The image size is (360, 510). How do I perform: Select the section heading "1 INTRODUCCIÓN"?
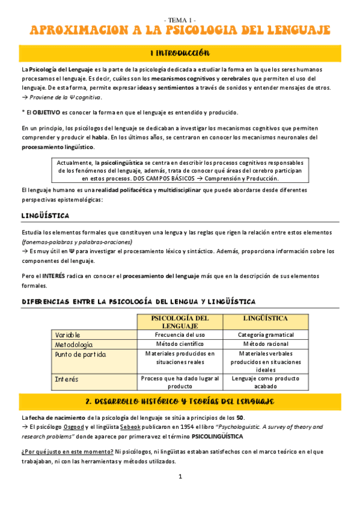pos(180,53)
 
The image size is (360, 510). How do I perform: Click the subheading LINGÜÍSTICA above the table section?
pos(45,215)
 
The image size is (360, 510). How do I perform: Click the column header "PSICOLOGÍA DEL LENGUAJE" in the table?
pos(180,322)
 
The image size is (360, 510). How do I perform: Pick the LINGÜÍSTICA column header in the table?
pos(266,318)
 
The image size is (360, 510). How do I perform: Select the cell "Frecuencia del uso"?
pos(180,334)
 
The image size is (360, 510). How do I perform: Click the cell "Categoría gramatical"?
pos(266,334)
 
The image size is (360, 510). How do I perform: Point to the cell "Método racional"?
pos(266,345)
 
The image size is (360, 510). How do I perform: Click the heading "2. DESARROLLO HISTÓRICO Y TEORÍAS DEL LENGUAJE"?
pos(180,401)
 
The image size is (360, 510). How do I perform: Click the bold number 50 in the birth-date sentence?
pos(239,417)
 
